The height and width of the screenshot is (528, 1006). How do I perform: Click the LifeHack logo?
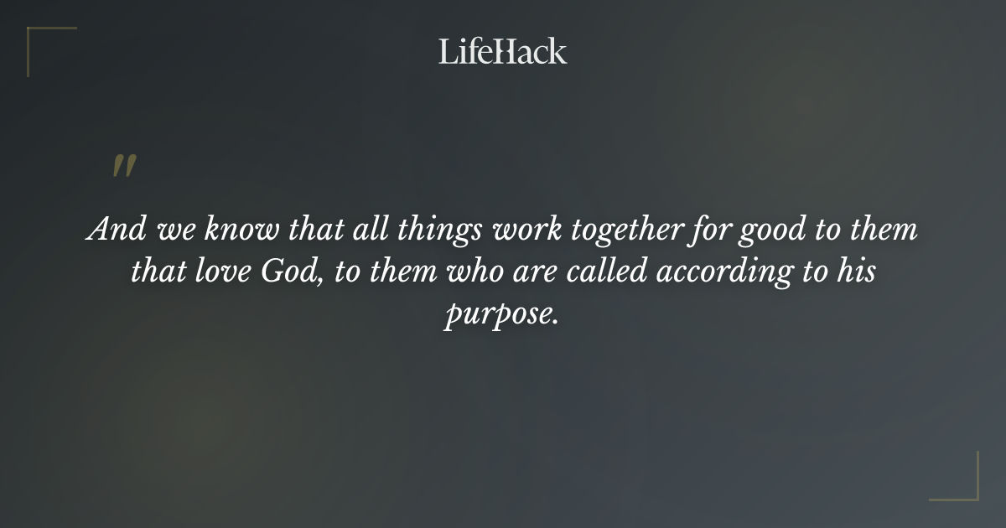[x=503, y=51]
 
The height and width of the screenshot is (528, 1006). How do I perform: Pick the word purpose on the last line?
[x=500, y=318]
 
